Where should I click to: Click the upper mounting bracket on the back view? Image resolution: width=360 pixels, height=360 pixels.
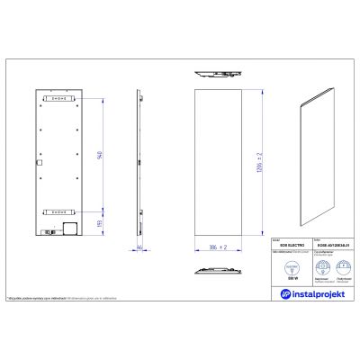[60, 99]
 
